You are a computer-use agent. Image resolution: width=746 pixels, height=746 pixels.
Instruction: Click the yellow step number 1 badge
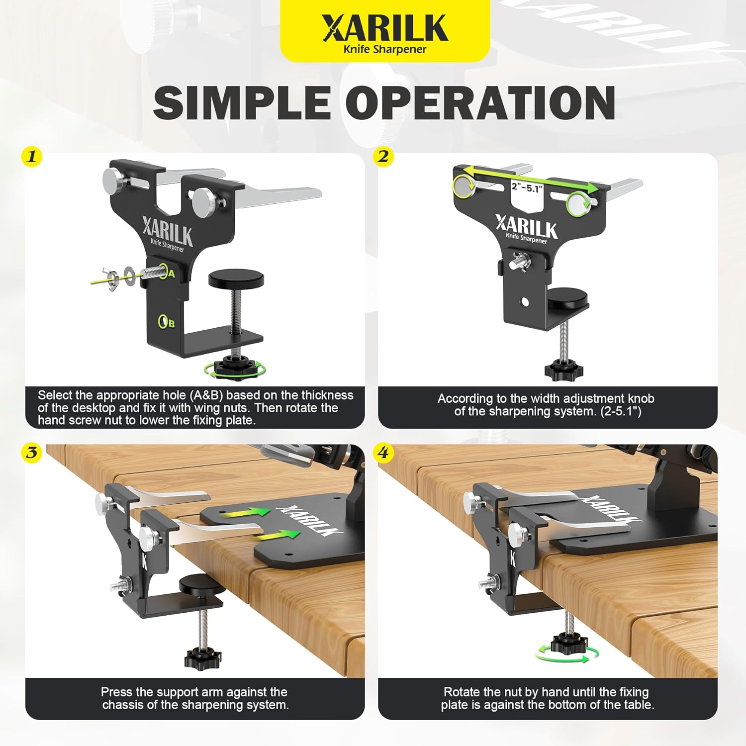tap(32, 157)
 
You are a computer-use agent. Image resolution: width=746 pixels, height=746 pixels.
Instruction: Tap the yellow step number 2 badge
tap(383, 157)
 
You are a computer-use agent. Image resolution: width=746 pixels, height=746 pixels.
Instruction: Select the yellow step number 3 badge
tap(32, 453)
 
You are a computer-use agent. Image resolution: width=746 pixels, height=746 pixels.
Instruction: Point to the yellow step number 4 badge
tap(383, 453)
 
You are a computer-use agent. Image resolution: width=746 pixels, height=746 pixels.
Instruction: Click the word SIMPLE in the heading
tap(242, 102)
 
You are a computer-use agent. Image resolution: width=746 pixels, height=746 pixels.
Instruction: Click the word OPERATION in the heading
tap(480, 102)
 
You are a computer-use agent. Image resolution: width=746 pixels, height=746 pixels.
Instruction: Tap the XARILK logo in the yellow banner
tap(384, 28)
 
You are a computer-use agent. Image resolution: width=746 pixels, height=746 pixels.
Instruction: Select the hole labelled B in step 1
tap(163, 322)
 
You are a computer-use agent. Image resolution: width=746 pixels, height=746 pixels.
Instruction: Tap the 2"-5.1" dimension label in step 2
tap(527, 187)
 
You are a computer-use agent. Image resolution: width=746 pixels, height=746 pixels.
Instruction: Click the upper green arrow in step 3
tap(246, 513)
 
